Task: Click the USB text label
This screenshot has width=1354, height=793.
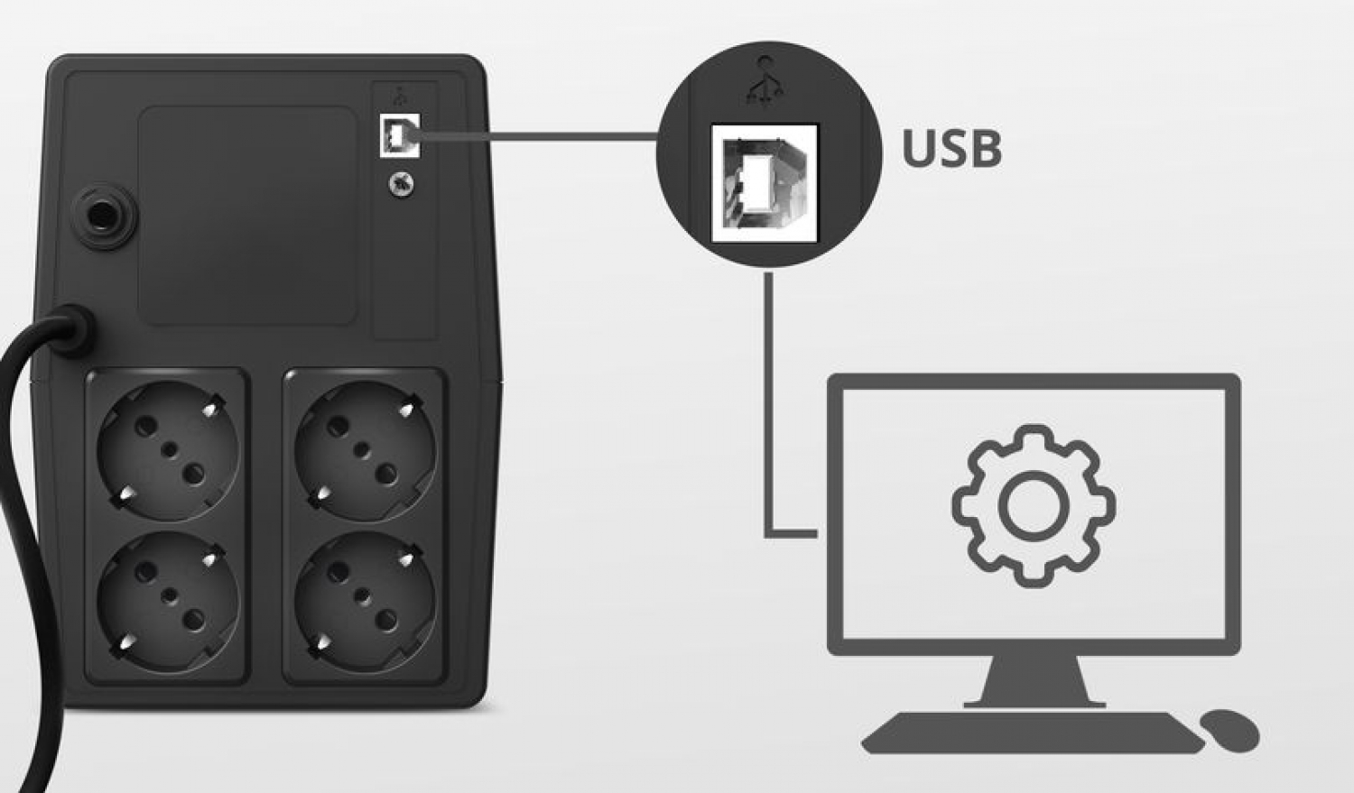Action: click(951, 148)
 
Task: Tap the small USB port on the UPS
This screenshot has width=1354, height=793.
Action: click(400, 135)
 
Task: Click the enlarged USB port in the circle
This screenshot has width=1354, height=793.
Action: click(765, 183)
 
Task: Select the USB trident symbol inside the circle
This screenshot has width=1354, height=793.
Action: click(765, 82)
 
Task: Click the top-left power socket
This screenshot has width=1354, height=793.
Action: click(168, 450)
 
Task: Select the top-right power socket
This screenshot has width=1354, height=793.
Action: click(365, 450)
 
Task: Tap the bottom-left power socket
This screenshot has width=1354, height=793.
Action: click(168, 600)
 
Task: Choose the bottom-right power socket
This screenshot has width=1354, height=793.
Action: click(365, 600)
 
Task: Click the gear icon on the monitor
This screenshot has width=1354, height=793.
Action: click(1034, 506)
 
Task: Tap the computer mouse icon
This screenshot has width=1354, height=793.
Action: click(1229, 730)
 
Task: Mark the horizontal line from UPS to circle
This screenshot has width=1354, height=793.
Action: click(538, 136)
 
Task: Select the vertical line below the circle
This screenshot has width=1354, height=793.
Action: click(769, 405)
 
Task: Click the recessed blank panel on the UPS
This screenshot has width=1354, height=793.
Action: click(248, 216)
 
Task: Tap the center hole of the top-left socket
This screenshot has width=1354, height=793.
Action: click(171, 449)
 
